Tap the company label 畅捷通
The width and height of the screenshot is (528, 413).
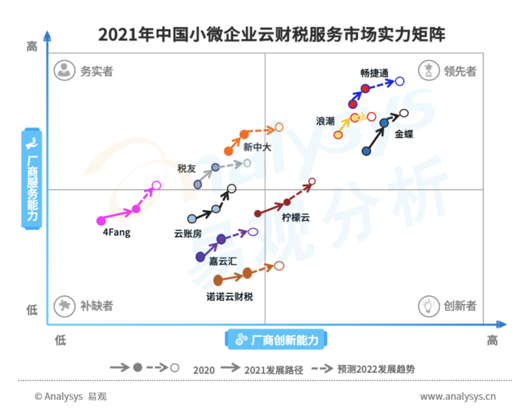tap(374, 73)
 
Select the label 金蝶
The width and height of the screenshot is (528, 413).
tap(404, 134)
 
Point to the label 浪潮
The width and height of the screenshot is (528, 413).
tap(326, 121)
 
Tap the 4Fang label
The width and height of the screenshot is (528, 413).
tap(116, 232)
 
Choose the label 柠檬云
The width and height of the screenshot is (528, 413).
tap(296, 218)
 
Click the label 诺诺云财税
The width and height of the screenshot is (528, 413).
tap(229, 296)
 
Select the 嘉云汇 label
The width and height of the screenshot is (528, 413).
tap(223, 261)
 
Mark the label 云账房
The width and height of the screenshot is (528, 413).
tap(188, 233)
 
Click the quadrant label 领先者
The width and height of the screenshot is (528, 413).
tap(460, 71)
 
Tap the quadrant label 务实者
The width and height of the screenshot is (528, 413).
tap(96, 71)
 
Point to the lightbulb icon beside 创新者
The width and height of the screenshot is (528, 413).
tap(428, 306)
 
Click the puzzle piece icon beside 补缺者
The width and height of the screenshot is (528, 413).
tap(64, 306)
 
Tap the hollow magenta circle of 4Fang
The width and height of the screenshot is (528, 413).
tap(156, 186)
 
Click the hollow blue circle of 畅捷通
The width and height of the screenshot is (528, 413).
tap(400, 81)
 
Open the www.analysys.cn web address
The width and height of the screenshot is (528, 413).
tap(458, 396)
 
